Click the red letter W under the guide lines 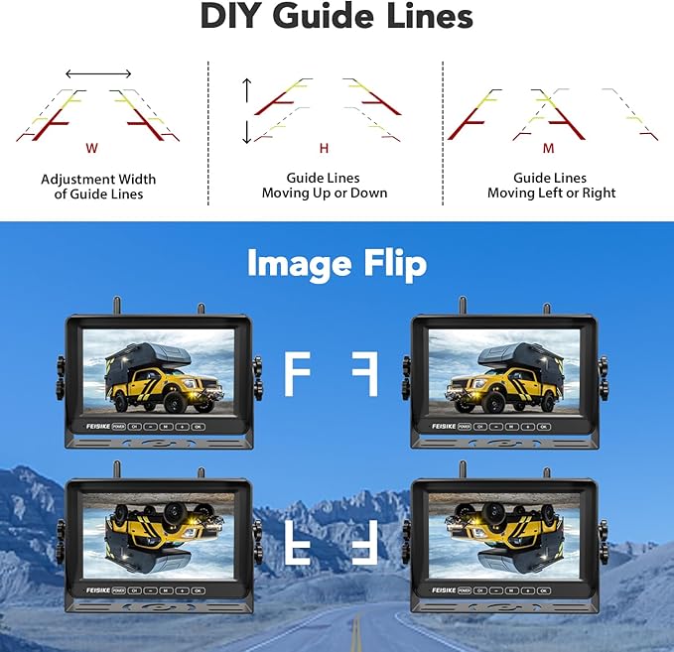91,148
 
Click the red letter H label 324,148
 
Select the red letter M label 548,148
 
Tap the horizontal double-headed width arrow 98,73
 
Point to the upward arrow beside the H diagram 247,87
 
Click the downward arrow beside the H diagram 247,132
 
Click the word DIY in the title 239,17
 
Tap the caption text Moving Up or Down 324,193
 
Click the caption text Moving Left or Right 551,193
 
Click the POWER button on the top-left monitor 118,425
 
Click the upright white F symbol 296,374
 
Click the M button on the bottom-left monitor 166,589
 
